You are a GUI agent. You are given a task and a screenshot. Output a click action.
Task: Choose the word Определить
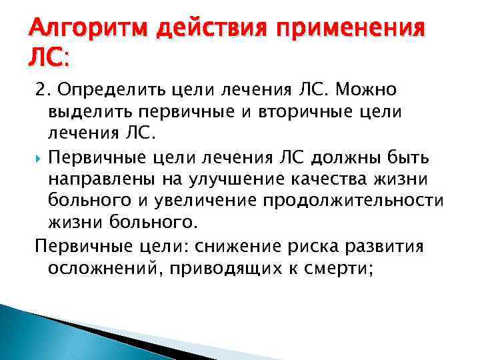[x=97, y=90]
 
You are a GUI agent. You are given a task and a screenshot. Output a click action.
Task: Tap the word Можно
[x=375, y=90]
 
